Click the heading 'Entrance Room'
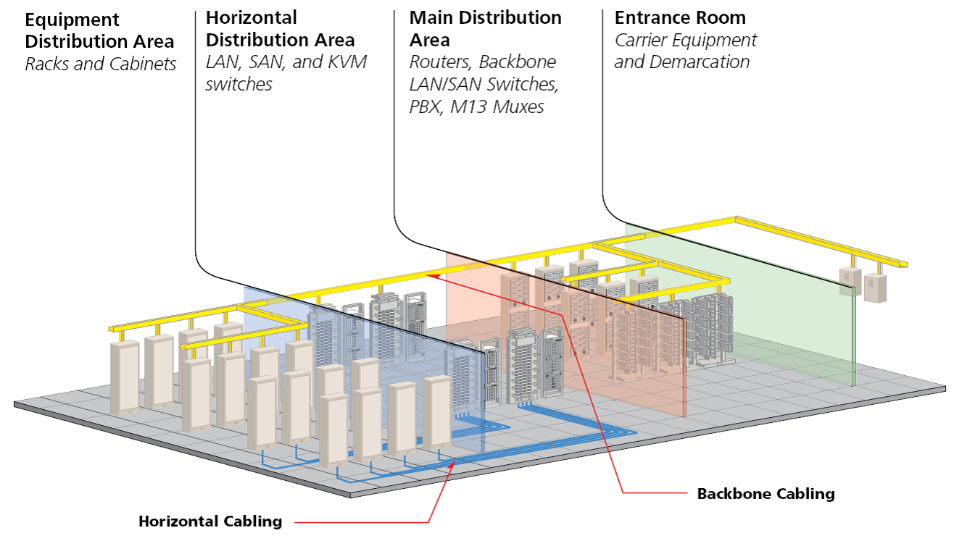pos(679,17)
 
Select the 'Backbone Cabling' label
pos(766,494)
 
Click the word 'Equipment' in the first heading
pos(72,20)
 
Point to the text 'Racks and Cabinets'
pos(100,64)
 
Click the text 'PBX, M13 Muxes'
pos(476,107)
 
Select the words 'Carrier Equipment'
pos(685,40)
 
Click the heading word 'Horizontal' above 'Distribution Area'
pos(251,17)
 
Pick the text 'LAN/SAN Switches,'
pos(484,85)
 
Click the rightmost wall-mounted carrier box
pos(875,288)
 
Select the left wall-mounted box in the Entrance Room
pos(849,281)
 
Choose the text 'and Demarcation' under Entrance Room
pos(681,62)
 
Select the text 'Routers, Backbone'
pos(482,62)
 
